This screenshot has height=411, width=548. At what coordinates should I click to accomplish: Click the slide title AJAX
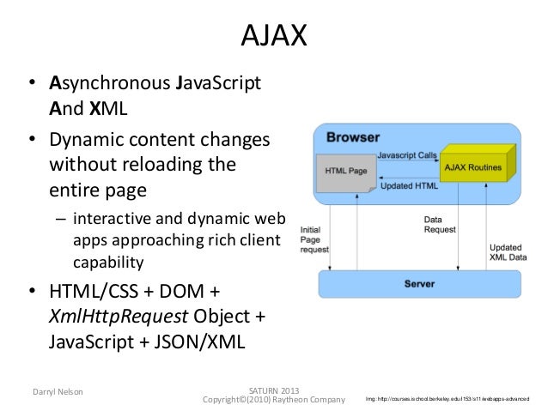pyautogui.click(x=273, y=37)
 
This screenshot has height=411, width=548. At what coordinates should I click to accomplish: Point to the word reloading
pyautogui.click(x=159, y=163)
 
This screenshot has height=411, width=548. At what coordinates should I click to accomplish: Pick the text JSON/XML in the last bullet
pyautogui.click(x=204, y=341)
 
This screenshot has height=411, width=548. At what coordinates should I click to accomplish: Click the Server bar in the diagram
pyautogui.click(x=419, y=284)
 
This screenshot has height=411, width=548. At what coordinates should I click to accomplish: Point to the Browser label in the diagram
pyautogui.click(x=352, y=136)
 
